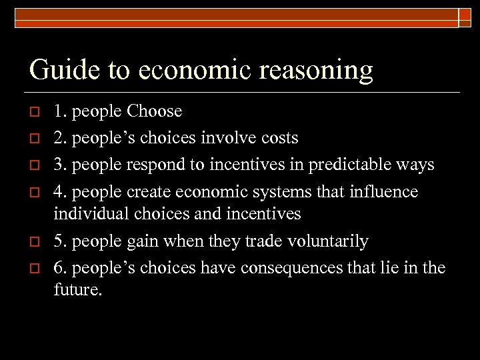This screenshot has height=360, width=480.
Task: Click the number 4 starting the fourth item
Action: [x=58, y=192]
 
